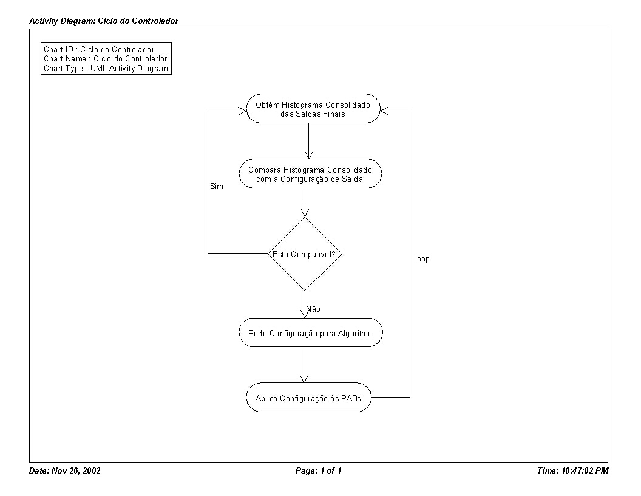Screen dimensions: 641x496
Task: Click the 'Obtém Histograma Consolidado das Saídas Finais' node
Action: tap(313, 109)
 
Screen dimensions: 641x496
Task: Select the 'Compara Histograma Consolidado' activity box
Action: tap(310, 174)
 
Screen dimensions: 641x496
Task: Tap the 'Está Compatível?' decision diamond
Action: tap(305, 253)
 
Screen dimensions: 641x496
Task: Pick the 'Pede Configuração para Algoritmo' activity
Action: tap(311, 332)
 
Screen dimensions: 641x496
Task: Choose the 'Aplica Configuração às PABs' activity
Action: tap(308, 398)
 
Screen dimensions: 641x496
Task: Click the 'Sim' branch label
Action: tap(217, 187)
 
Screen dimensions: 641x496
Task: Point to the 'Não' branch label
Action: tap(314, 309)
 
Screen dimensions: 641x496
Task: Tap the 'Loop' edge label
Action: tap(421, 259)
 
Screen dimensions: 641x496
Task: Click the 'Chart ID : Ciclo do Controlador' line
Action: tap(99, 49)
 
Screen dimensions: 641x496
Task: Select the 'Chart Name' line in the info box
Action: tap(106, 59)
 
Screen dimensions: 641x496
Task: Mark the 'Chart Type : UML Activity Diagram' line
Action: tap(106, 68)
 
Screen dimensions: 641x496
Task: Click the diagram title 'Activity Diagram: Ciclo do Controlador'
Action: tap(104, 21)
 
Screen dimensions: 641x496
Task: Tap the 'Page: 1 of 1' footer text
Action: tap(319, 470)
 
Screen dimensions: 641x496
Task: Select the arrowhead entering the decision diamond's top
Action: tap(305, 213)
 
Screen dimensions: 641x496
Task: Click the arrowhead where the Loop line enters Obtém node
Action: tap(385, 111)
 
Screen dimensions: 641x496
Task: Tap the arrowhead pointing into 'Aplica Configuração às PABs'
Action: tap(304, 379)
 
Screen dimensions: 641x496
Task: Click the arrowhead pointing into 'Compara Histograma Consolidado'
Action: tap(308, 155)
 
